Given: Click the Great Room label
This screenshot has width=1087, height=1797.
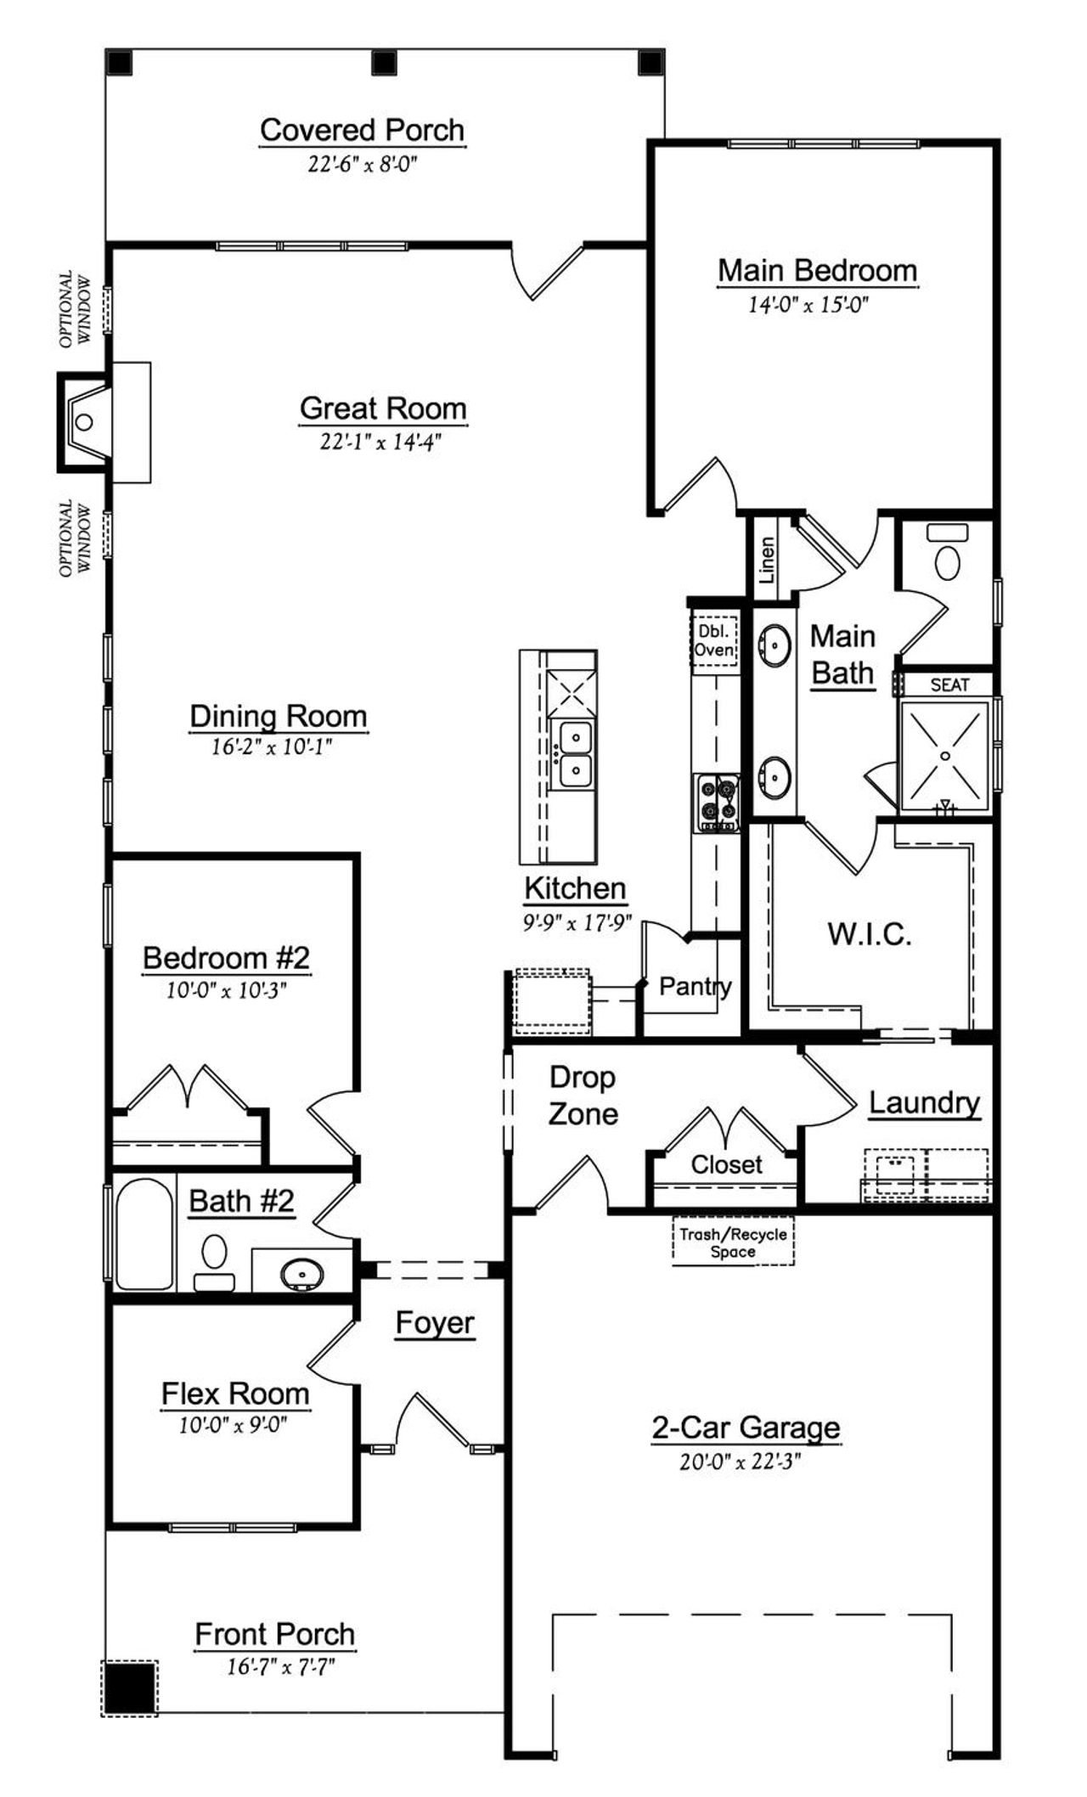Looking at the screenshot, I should click(x=383, y=408).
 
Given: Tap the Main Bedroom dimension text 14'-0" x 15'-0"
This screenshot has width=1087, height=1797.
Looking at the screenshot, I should click(x=808, y=304).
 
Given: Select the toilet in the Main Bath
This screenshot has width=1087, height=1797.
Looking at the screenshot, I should click(x=947, y=560).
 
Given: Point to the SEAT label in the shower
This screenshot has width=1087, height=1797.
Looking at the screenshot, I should click(x=949, y=684).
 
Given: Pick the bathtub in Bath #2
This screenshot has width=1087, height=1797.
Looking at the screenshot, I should click(x=144, y=1234).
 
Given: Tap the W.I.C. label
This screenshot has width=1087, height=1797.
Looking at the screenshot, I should click(x=870, y=934).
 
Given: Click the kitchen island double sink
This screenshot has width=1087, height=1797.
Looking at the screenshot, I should click(x=574, y=752).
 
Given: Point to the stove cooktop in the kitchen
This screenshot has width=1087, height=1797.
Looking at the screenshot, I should click(x=716, y=803).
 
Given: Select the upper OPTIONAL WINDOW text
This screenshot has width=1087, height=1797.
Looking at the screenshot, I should click(x=75, y=309).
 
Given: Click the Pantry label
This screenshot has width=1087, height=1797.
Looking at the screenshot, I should click(x=695, y=986).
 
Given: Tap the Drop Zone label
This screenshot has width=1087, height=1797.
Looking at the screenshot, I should click(x=582, y=1096).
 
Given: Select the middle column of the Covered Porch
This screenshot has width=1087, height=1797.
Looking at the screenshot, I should click(x=386, y=63).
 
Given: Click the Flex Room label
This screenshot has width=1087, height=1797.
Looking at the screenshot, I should click(x=235, y=1394).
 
